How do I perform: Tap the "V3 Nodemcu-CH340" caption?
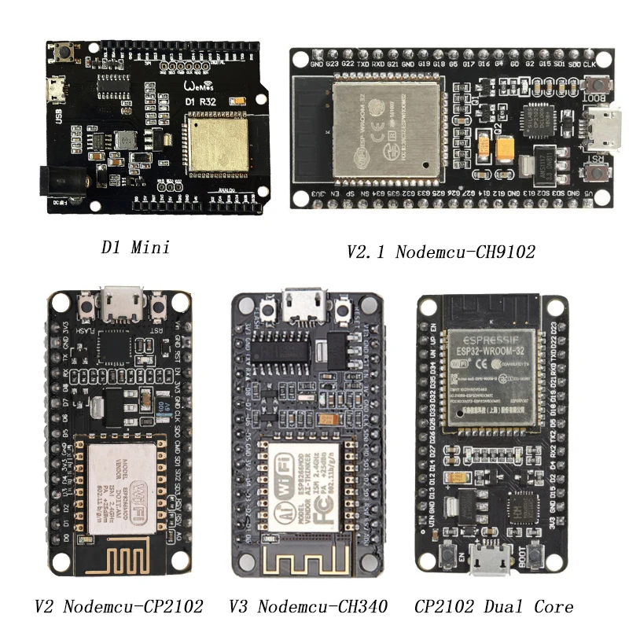[x=308, y=606]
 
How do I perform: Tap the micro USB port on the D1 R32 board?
[x=57, y=92]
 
